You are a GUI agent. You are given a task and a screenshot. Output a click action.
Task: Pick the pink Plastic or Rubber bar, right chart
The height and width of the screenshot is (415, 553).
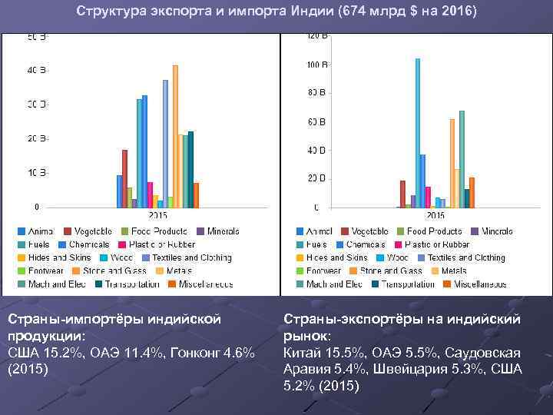coord(428,197)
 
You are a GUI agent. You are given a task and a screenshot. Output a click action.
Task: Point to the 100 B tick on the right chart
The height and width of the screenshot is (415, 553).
coord(316,65)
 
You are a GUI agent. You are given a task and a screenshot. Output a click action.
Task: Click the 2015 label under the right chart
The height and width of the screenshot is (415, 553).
coord(435,215)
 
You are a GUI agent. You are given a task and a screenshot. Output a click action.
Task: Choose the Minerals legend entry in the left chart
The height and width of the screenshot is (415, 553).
coord(217,231)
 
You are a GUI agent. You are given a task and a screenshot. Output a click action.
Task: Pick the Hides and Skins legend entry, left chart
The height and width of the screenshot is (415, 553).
coord(53,257)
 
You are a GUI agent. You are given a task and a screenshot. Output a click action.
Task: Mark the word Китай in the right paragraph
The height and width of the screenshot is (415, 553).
coord(303,353)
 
